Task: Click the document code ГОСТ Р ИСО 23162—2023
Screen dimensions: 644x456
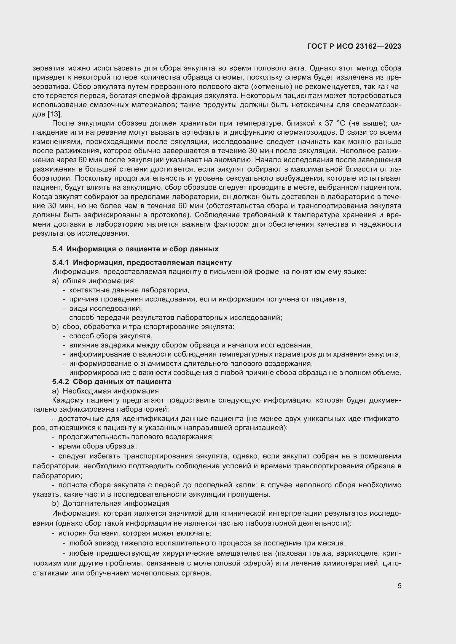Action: click(354, 47)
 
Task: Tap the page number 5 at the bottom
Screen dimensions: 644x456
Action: click(399, 586)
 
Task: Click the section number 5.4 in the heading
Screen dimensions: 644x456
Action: click(57, 249)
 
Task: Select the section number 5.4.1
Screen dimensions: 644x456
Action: click(60, 263)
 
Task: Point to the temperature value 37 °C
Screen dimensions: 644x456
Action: click(334, 123)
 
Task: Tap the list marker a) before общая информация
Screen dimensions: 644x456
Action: click(55, 281)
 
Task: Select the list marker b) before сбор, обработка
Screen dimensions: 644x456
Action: click(55, 327)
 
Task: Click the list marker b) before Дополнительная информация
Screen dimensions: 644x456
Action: click(55, 504)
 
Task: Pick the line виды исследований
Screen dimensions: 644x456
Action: click(105, 309)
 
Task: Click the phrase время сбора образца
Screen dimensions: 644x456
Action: click(97, 446)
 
